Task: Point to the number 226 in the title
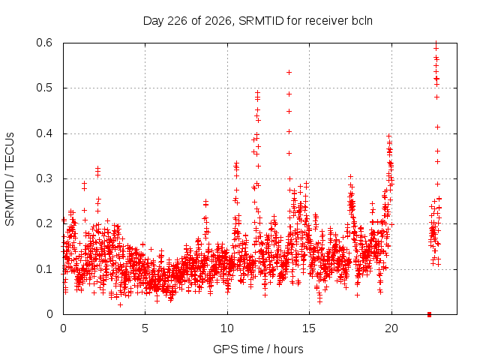coord(177,21)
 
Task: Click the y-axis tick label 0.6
coord(44,43)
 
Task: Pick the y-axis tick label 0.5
coord(44,88)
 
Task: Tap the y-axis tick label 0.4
coord(44,133)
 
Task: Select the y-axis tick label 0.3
coord(44,178)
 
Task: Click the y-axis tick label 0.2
coord(44,223)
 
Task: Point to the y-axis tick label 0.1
coord(44,269)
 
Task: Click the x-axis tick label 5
coord(145,328)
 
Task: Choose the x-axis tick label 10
coord(227,328)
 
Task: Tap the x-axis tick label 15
coord(309,328)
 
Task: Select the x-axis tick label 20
coord(391,328)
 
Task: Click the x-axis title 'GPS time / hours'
coord(258,349)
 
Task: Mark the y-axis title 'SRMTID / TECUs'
coord(10,179)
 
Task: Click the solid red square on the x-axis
coord(429,314)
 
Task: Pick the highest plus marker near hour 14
coord(289,73)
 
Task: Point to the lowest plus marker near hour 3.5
coord(120,305)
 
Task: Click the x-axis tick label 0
coord(63,328)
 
